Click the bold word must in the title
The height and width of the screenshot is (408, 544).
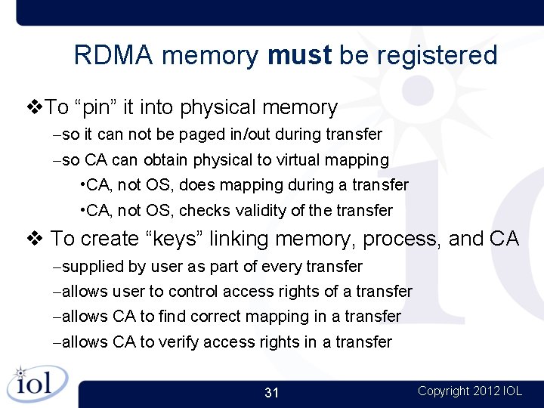click(299, 55)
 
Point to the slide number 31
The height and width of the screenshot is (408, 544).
click(272, 393)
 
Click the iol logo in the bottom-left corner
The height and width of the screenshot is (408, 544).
click(37, 383)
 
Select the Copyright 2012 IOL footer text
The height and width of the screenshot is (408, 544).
click(469, 391)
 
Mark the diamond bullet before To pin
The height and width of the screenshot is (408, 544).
click(34, 107)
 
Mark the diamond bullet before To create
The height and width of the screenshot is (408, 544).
click(34, 240)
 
